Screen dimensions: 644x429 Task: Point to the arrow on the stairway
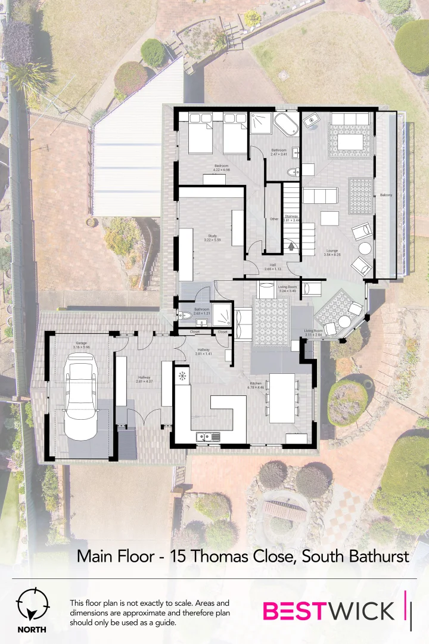291,244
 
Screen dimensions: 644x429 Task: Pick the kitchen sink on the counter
208,437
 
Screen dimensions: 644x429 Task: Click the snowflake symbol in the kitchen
182,376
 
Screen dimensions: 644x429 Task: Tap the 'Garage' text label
80,342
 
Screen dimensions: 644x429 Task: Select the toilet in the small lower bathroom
185,315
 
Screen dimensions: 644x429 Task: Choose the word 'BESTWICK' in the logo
328,611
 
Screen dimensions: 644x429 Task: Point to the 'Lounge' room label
331,250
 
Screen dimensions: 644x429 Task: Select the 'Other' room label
273,219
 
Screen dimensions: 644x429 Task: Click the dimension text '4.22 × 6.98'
222,170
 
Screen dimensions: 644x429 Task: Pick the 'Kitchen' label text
256,383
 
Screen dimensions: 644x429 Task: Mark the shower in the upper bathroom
260,123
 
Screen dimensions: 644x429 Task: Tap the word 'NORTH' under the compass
32,629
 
